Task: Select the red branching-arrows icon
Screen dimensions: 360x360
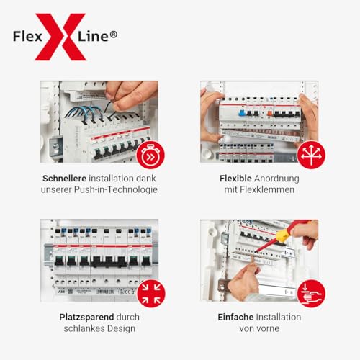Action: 311,153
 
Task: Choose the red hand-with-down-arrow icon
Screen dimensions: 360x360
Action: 311,293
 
